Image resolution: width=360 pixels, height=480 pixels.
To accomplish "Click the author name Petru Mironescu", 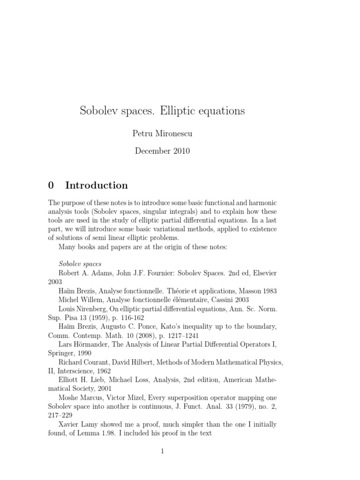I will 162,134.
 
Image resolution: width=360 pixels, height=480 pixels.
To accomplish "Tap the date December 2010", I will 162,151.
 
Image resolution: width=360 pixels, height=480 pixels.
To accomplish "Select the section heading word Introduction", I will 97,185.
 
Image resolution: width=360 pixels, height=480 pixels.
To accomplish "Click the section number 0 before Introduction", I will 51,185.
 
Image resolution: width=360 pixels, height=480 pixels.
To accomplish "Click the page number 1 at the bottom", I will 162,451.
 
